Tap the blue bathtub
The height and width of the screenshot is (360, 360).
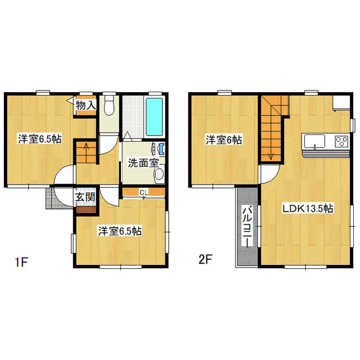click(155, 117)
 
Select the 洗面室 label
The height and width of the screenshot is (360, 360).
click(143, 163)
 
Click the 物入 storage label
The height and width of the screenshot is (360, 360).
click(85, 105)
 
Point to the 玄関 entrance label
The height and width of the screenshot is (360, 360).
click(85, 197)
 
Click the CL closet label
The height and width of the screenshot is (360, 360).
click(144, 192)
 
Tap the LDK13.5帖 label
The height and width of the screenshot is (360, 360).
click(308, 209)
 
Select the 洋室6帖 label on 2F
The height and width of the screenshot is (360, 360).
click(224, 140)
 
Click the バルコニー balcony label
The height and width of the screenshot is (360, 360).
click(247, 226)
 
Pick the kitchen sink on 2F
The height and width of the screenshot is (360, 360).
click(314, 141)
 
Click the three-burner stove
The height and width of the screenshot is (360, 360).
click(341, 141)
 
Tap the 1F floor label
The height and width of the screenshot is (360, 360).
click(21, 262)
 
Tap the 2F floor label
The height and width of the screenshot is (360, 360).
click(205, 259)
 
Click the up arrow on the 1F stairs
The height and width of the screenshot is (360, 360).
click(87, 148)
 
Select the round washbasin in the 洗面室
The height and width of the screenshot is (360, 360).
click(159, 174)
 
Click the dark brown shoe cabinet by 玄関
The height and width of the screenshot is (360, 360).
click(86, 210)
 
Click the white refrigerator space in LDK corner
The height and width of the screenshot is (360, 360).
click(341, 103)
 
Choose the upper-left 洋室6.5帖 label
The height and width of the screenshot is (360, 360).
click(40, 139)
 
